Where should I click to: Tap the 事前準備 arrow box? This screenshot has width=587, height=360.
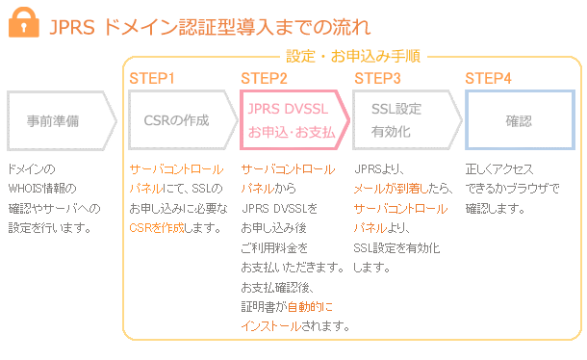[58, 121]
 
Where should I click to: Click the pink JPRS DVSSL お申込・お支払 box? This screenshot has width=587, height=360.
[291, 120]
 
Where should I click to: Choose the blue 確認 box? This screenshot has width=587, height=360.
[519, 121]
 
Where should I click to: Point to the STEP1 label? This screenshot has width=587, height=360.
[152, 78]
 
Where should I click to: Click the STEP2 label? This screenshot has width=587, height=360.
[264, 78]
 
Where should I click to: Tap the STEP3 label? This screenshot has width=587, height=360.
[378, 78]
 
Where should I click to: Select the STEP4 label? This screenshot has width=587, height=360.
[488, 78]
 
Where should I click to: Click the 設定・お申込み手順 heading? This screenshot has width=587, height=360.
[352, 58]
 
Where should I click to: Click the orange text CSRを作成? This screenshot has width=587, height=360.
[158, 228]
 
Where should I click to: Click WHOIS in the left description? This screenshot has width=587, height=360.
[28, 188]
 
